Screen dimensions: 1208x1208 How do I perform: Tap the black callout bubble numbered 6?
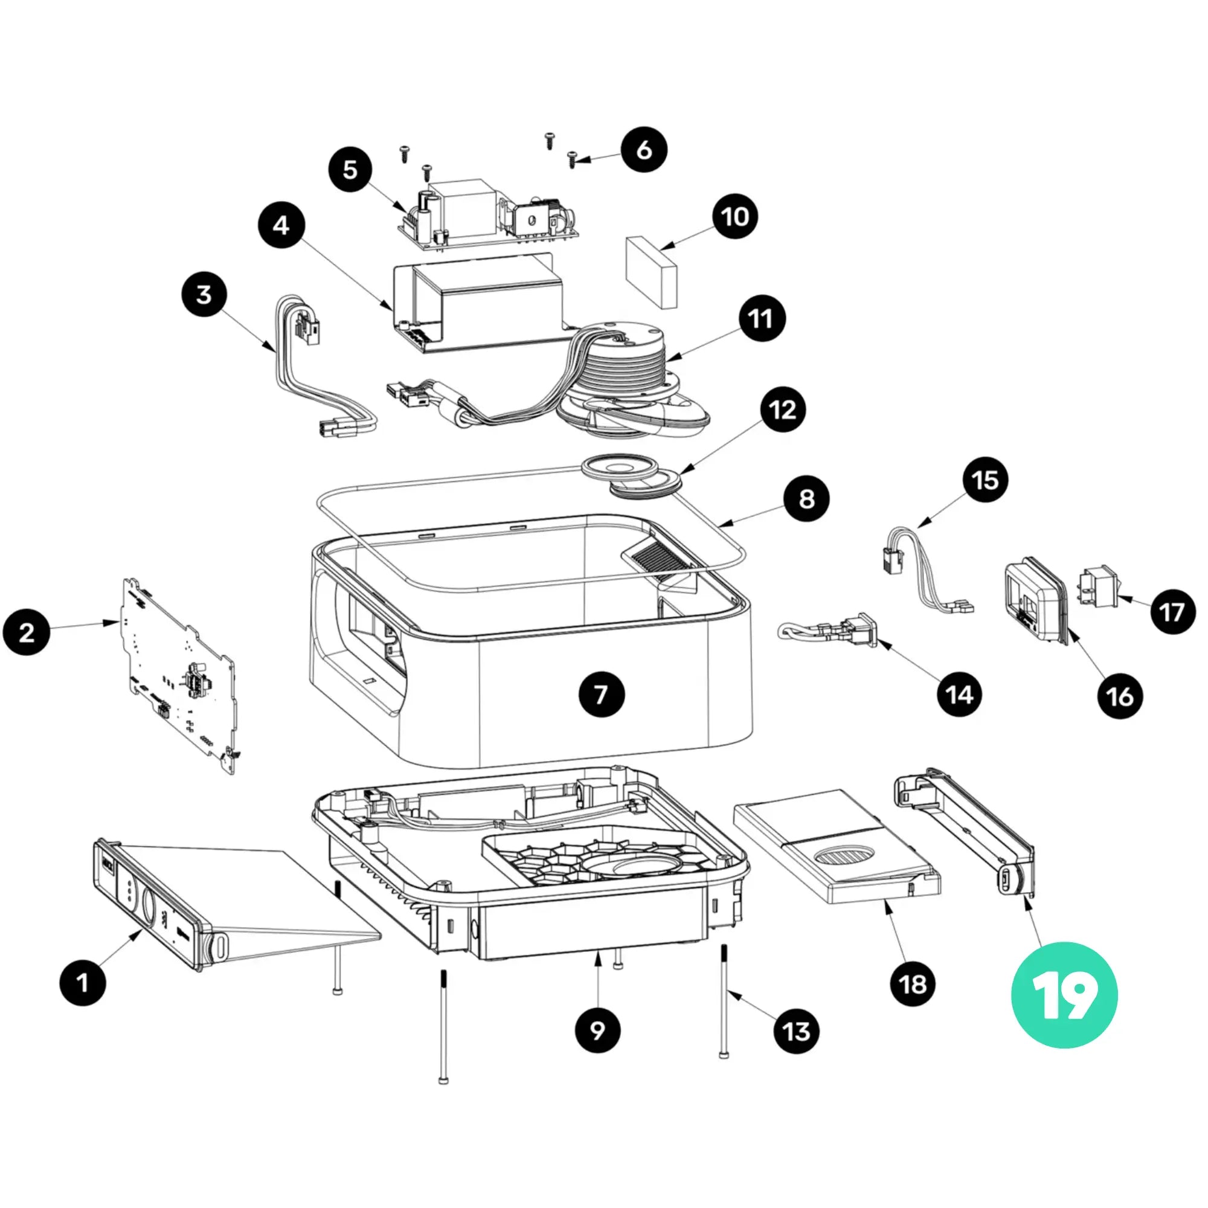click(x=644, y=150)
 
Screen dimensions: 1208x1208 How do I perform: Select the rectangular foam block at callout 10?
click(x=652, y=272)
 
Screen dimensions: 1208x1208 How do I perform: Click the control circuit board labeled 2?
click(x=178, y=675)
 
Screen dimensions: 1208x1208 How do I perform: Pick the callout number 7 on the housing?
click(x=601, y=694)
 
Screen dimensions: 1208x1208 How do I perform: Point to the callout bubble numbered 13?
click(x=796, y=1032)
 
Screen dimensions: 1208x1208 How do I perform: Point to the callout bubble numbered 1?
click(x=83, y=982)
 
